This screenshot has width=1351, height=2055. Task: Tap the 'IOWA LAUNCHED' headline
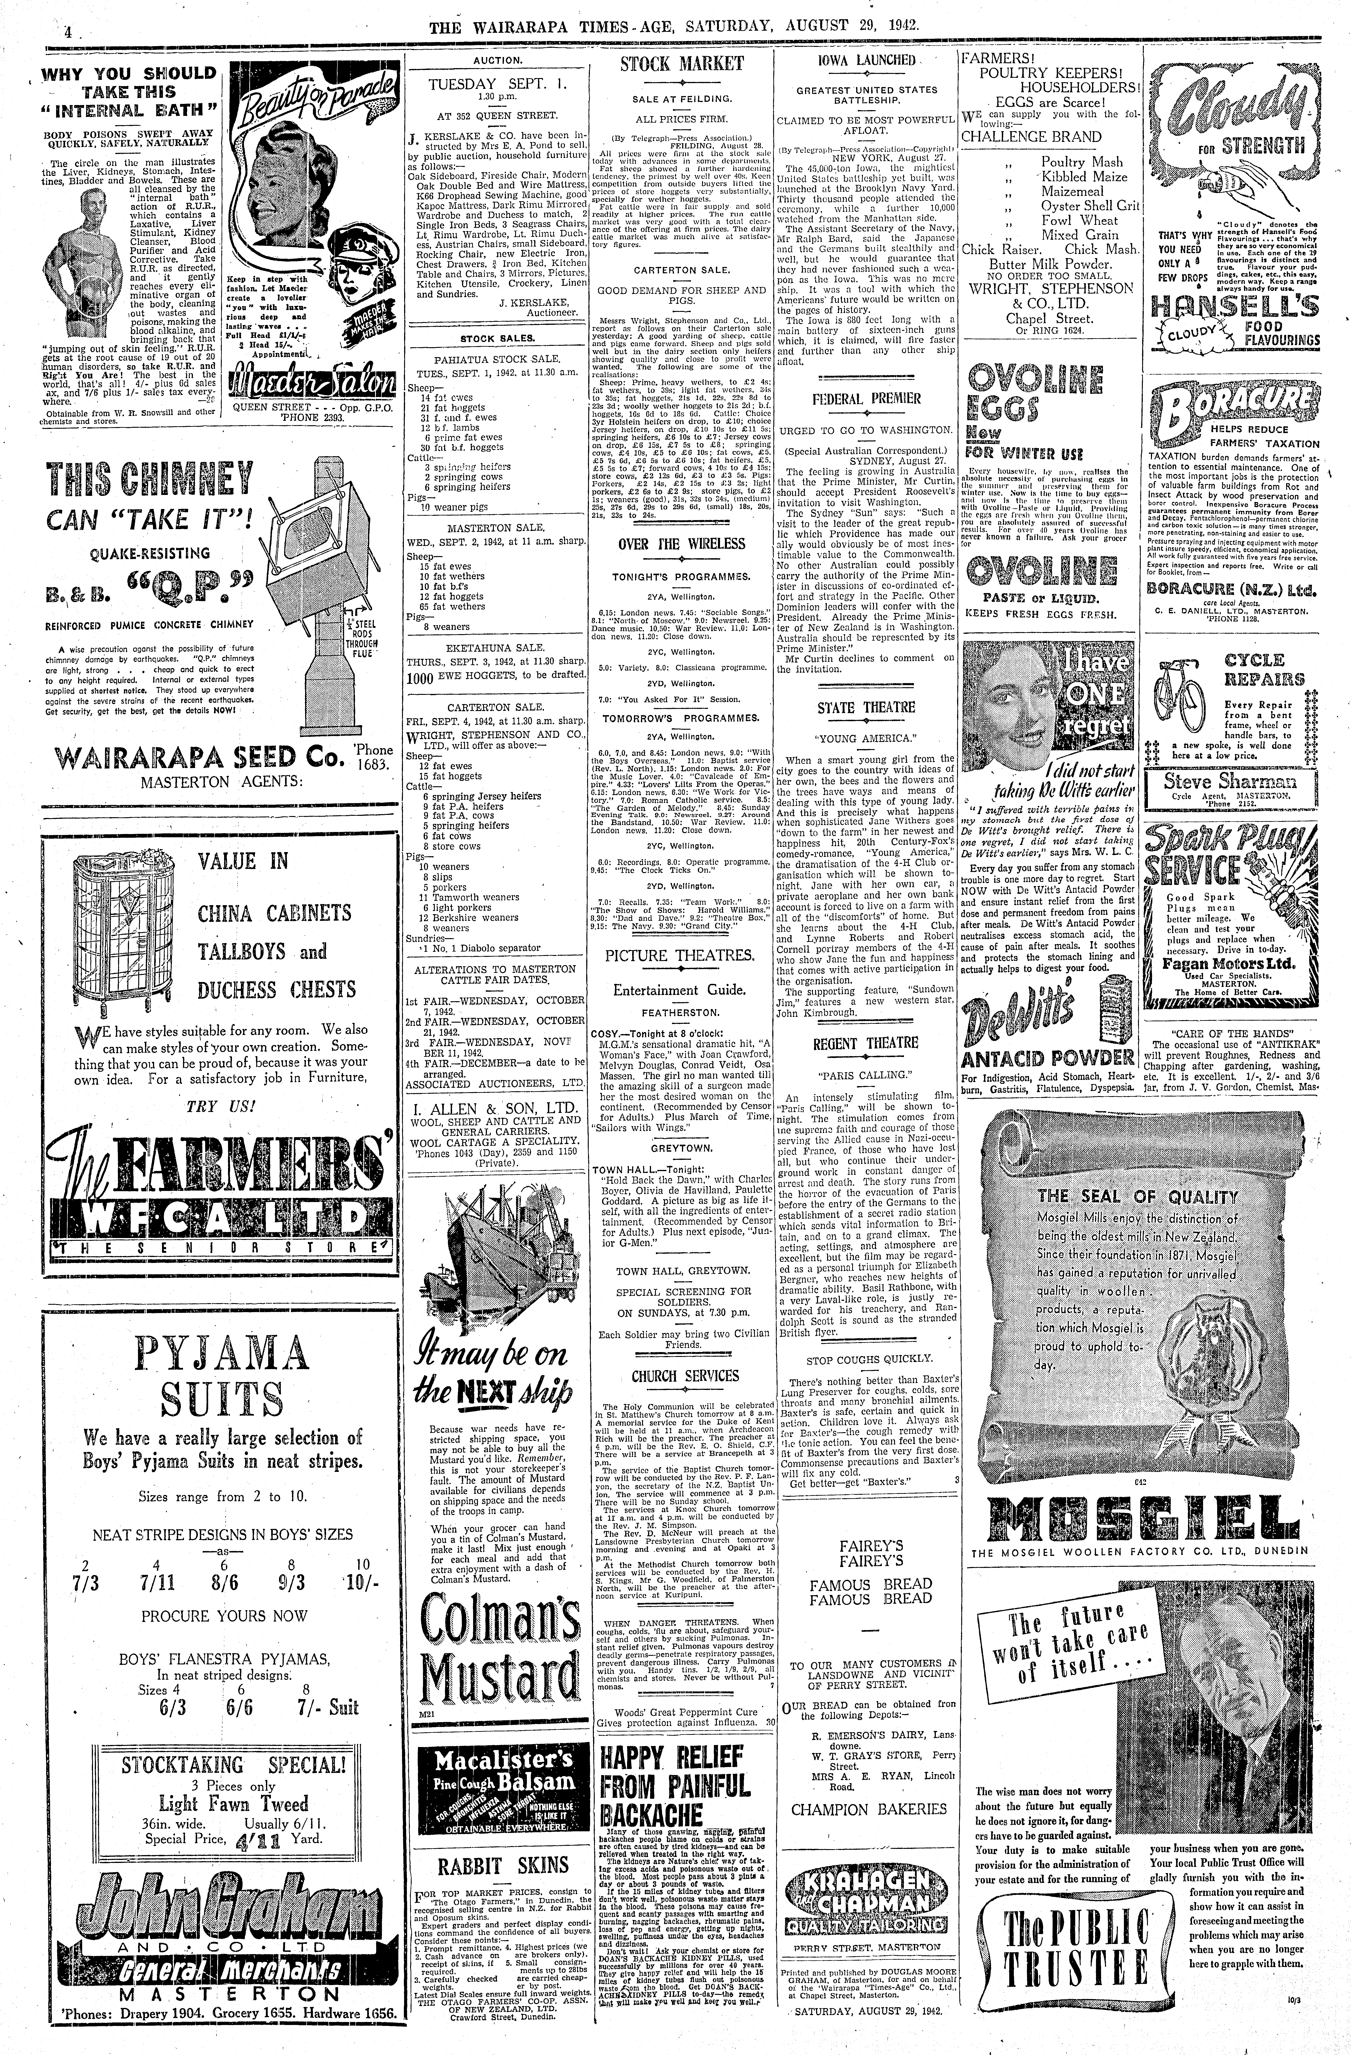click(866, 60)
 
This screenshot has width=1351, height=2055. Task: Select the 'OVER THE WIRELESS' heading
click(681, 544)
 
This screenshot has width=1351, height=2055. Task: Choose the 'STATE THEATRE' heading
click(866, 707)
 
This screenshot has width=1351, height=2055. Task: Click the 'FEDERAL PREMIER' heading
click(866, 399)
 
